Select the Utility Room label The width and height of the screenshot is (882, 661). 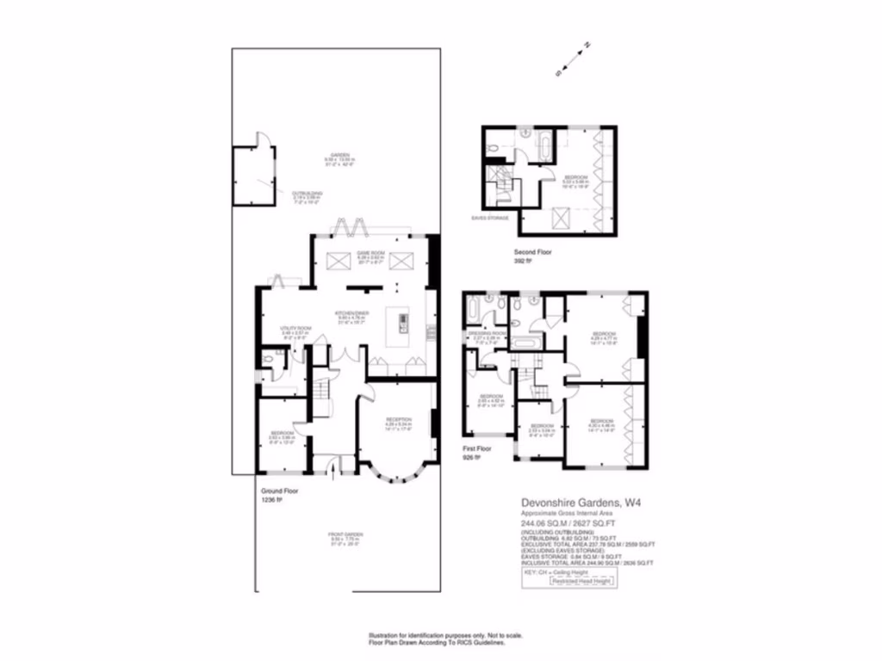click(x=295, y=330)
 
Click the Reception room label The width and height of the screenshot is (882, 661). click(x=399, y=421)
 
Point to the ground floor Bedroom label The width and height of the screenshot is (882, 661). click(x=283, y=434)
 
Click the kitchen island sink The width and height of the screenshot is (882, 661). click(x=403, y=322)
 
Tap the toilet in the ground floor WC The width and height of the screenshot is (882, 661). click(x=270, y=361)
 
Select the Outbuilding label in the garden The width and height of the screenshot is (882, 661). click(x=307, y=194)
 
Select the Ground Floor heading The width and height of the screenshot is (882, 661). click(x=279, y=491)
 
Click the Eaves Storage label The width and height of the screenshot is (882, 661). click(x=488, y=218)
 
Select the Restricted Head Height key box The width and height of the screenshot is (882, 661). click(x=582, y=581)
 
